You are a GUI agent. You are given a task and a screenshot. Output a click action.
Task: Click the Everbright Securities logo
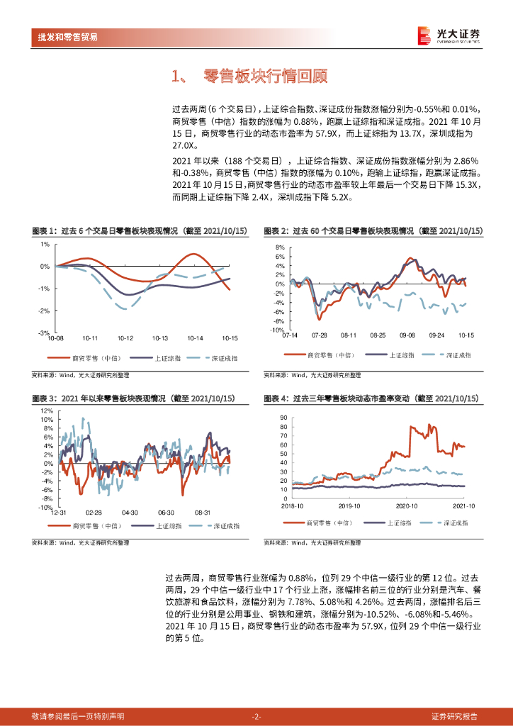(x=447, y=35)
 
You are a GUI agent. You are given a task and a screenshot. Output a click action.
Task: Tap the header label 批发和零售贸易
(x=67, y=37)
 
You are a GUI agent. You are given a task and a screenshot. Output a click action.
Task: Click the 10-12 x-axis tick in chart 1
(x=125, y=338)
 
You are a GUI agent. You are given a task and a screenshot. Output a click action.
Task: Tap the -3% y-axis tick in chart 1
(x=44, y=333)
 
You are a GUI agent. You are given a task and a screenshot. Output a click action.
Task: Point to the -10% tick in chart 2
(x=277, y=330)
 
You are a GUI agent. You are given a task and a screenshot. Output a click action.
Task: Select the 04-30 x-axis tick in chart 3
(x=129, y=511)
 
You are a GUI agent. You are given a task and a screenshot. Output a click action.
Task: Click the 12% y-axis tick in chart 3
(x=46, y=411)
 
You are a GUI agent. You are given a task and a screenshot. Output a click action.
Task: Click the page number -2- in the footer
(x=256, y=716)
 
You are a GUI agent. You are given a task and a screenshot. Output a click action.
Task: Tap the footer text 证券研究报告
(x=454, y=716)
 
